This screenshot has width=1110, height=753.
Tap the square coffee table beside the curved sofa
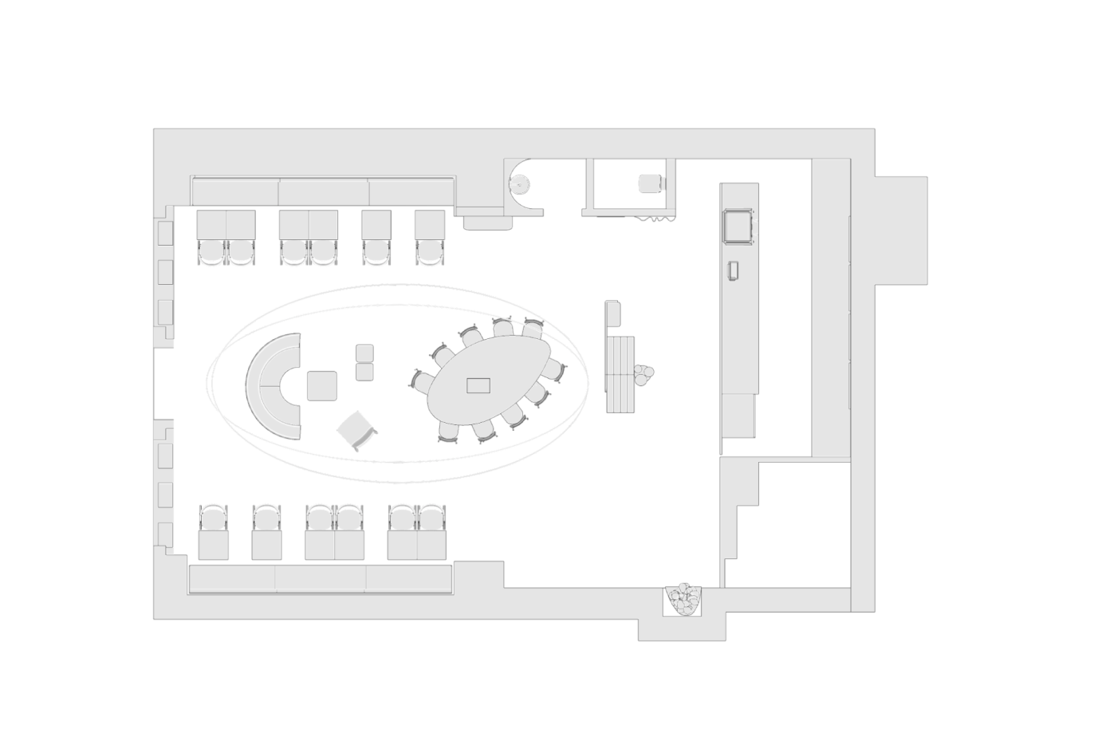coord(322,386)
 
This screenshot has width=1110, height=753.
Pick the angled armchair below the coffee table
coord(356,431)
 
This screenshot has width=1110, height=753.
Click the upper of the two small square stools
coord(364,353)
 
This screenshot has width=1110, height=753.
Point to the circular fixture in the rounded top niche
coord(521,183)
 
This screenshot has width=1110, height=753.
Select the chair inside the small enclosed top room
coord(651,183)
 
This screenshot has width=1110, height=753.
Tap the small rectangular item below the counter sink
coord(734,271)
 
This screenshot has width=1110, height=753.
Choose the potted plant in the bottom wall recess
coord(683,600)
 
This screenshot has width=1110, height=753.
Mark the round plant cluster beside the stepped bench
coord(644,375)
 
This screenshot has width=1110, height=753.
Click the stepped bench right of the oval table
coord(620,373)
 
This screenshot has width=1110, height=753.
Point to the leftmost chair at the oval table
coord(420,380)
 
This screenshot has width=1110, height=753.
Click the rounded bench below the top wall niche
coord(487,221)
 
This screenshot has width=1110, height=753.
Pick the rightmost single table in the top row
coord(430,225)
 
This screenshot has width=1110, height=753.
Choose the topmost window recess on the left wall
coord(165,233)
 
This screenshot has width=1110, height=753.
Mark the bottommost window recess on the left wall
coord(165,534)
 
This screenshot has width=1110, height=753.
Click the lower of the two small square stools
coord(364,372)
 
